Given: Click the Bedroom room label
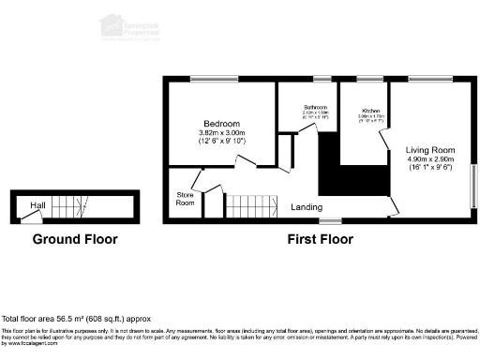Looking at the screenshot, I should point(222,124).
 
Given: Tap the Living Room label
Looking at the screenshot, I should point(429,149).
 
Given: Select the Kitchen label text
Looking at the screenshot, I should point(370,112).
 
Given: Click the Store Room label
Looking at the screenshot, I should point(186,198).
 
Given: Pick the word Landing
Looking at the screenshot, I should point(307,206).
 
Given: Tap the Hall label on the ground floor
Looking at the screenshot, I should point(38,204).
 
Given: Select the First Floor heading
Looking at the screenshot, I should point(320,239).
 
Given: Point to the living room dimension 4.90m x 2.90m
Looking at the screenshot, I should point(429,159).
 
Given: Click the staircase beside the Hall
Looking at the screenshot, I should point(71,205).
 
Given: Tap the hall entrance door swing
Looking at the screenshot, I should point(32,218).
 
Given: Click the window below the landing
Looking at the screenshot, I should point(329,221).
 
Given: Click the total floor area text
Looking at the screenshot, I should point(76,320).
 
